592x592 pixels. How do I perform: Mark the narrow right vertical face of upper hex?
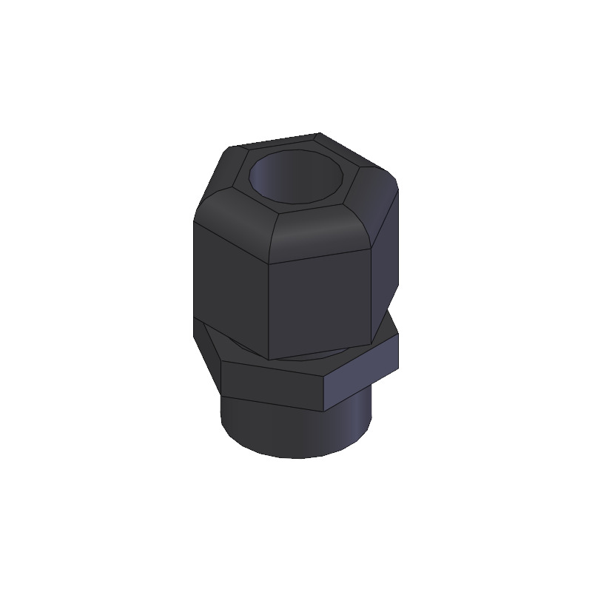393,252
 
